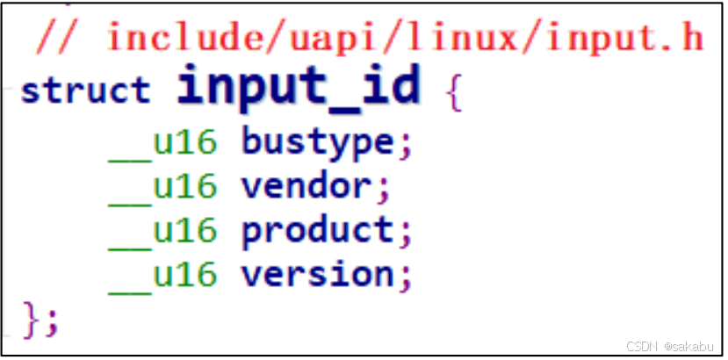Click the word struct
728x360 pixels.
click(x=85, y=90)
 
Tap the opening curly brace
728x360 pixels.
click(x=453, y=90)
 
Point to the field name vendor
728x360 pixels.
click(x=306, y=186)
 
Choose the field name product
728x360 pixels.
click(x=317, y=231)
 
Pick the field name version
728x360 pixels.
click(x=317, y=275)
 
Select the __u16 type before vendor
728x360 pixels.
click(x=162, y=186)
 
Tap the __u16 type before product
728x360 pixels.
click(x=162, y=231)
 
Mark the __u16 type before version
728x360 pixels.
click(x=162, y=275)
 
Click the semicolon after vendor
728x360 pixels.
click(x=383, y=189)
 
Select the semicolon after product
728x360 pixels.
click(x=405, y=233)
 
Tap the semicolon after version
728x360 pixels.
click(x=405, y=277)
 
